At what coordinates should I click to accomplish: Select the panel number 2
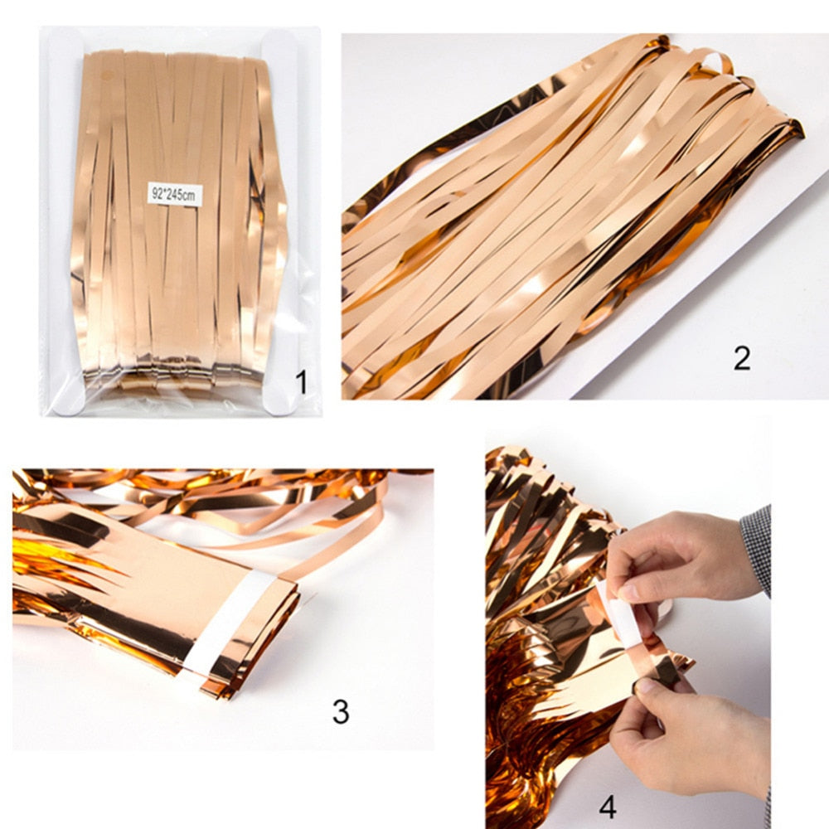(x=741, y=357)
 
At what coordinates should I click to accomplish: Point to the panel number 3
(x=341, y=710)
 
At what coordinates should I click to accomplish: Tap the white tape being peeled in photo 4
(x=620, y=613)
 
